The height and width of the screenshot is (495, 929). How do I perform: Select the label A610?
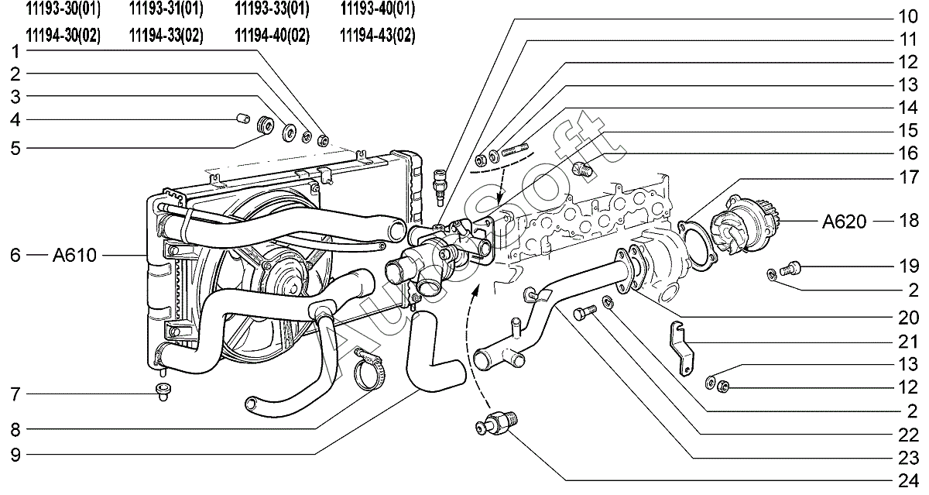[x=75, y=255]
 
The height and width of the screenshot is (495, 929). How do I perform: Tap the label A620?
[x=845, y=222]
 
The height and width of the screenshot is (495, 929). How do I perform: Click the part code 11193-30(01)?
[x=63, y=9]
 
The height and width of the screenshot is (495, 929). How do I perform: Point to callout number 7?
[x=15, y=395]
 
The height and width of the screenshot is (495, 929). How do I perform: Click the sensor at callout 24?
[x=495, y=425]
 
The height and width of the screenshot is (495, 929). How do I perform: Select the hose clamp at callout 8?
[x=370, y=366]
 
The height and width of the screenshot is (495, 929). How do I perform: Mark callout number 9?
[x=15, y=452]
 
